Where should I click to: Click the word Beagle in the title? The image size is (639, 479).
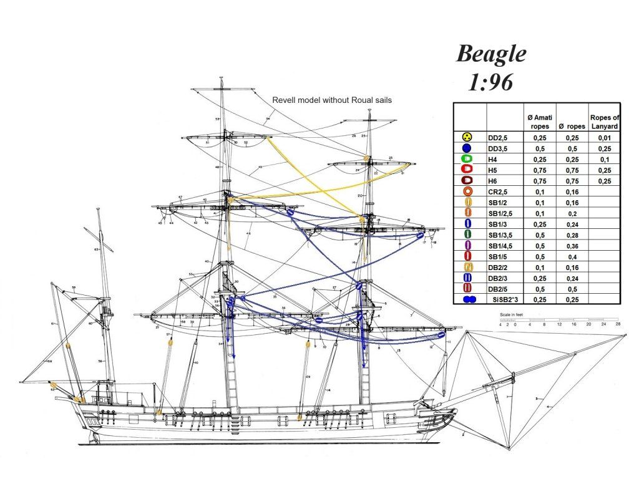[x=491, y=54]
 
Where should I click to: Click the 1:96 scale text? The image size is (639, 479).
[x=491, y=82]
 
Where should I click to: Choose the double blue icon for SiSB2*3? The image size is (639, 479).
[x=469, y=299]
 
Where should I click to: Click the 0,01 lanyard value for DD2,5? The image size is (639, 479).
[x=604, y=137]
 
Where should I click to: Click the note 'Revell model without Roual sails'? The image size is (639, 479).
[x=332, y=100]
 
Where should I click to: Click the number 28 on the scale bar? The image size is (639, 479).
[x=618, y=324]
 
